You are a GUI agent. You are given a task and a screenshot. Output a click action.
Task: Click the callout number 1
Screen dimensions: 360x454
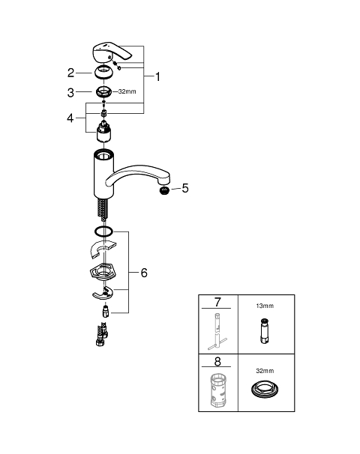pyautogui.click(x=157, y=76)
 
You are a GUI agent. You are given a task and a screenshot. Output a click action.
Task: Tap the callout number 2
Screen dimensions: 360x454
pyautogui.click(x=70, y=73)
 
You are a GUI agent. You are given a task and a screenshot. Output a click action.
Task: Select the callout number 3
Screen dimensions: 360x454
pyautogui.click(x=70, y=93)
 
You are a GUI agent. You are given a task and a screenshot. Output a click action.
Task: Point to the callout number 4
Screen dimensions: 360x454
pyautogui.click(x=70, y=118)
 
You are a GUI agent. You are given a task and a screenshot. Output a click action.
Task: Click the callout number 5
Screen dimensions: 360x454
pyautogui.click(x=185, y=188)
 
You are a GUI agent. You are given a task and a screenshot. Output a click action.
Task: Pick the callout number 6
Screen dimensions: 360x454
pyautogui.click(x=144, y=273)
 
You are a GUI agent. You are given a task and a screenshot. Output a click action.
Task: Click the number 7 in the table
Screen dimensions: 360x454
pyautogui.click(x=217, y=302)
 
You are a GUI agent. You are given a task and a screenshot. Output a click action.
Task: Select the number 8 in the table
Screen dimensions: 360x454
pyautogui.click(x=217, y=361)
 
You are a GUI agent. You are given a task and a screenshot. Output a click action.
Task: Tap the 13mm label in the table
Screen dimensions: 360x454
pyautogui.click(x=265, y=306)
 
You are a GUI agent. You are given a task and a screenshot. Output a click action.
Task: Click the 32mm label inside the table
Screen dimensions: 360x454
pyautogui.click(x=265, y=371)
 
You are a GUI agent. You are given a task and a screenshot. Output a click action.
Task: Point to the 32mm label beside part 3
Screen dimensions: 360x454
pyautogui.click(x=127, y=91)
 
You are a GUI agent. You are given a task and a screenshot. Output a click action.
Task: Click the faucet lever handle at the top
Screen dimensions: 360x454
pyautogui.click(x=111, y=52)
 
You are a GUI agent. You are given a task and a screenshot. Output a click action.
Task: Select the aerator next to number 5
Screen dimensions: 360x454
pyautogui.click(x=165, y=191)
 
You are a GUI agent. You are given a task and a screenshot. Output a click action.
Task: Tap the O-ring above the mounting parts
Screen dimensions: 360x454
pyautogui.click(x=103, y=231)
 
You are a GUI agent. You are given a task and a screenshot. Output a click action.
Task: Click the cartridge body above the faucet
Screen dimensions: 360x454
pyautogui.click(x=103, y=132)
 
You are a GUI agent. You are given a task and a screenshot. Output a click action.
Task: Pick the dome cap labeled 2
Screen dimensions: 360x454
pyautogui.click(x=103, y=73)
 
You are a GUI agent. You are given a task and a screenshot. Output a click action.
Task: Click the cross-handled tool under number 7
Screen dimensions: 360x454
pyautogui.click(x=217, y=332)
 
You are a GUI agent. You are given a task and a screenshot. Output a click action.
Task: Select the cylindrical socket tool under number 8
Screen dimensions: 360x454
pyautogui.click(x=217, y=390)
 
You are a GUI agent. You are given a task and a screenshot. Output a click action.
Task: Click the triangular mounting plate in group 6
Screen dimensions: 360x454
pyautogui.click(x=103, y=273)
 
